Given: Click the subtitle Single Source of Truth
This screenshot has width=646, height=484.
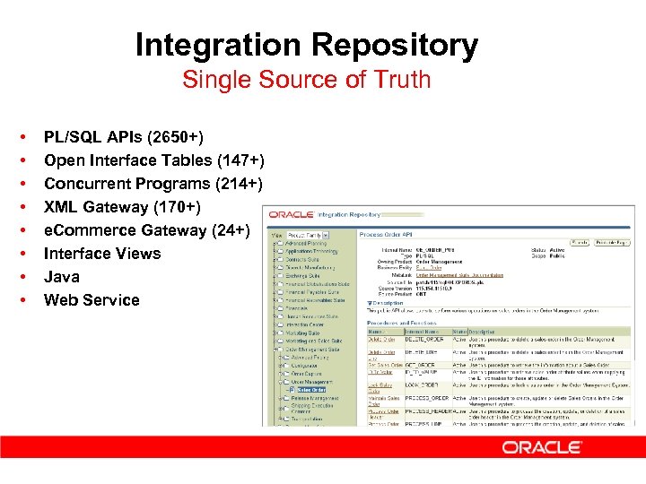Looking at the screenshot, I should pyautogui.click(x=306, y=80).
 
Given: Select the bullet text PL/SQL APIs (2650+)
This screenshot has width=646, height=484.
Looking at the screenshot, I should pyautogui.click(x=123, y=137).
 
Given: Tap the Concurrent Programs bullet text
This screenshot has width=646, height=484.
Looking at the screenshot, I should pyautogui.click(x=153, y=184).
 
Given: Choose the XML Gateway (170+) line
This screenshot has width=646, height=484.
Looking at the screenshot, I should pyautogui.click(x=121, y=207).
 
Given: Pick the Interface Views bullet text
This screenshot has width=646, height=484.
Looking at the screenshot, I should pyautogui.click(x=101, y=254).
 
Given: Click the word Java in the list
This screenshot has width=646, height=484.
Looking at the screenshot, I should pyautogui.click(x=61, y=277).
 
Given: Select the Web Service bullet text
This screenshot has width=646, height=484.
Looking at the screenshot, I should pyautogui.click(x=92, y=300).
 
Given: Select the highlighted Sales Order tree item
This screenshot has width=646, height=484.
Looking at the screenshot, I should pyautogui.click(x=311, y=390).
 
